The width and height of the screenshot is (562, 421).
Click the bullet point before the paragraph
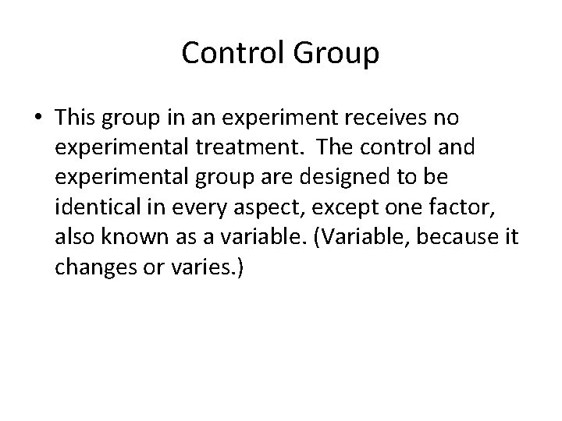(38, 119)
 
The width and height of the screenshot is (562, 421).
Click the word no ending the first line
(447, 119)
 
